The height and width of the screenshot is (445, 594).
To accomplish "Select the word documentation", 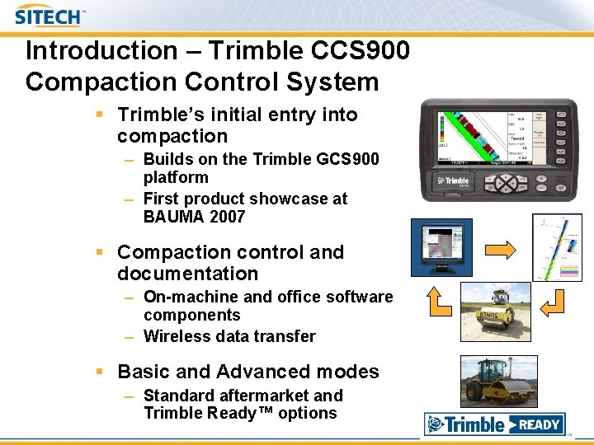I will [x=187, y=274].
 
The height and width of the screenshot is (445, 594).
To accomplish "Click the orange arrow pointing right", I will [x=499, y=249].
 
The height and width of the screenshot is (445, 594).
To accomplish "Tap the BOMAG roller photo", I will [x=495, y=311].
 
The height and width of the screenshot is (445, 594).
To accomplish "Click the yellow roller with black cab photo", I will [x=499, y=381].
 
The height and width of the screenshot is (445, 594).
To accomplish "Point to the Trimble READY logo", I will [x=495, y=424].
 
